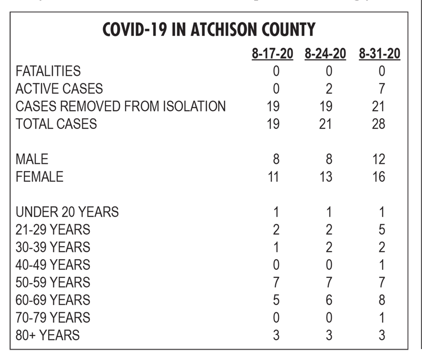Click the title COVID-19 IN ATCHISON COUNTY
click(209, 30)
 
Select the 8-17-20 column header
click(272, 54)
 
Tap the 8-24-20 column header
click(325, 54)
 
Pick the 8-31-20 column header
click(379, 54)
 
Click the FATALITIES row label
click(48, 71)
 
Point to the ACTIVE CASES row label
click(59, 89)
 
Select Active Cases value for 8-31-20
click(382, 89)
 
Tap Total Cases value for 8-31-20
click(378, 124)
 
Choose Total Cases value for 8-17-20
click(273, 124)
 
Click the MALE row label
click(32, 159)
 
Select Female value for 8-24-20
click(326, 177)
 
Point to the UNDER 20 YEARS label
click(67, 212)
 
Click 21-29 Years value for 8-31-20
click(382, 230)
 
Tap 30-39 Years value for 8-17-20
click(276, 247)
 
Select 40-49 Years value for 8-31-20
click(382, 265)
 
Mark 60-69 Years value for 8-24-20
click(329, 300)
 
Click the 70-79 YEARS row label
click(53, 317)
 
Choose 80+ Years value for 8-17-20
click(276, 335)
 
